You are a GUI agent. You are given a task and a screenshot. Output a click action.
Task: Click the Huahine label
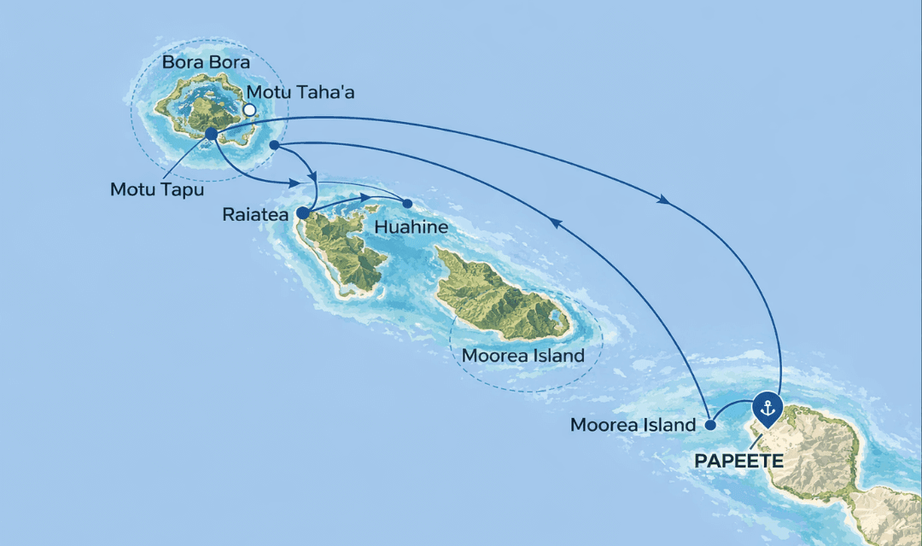(x=411, y=229)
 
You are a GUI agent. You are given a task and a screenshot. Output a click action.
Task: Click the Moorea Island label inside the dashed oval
(x=523, y=355)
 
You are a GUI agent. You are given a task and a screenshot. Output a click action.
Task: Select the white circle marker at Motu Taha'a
(x=249, y=110)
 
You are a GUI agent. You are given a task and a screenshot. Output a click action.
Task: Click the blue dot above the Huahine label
(x=407, y=203)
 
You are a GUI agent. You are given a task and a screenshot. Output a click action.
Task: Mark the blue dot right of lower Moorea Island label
(x=710, y=424)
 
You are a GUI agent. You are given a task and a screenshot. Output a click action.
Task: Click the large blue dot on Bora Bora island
(x=211, y=133)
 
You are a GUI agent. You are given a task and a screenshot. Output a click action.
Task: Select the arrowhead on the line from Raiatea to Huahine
(x=373, y=198)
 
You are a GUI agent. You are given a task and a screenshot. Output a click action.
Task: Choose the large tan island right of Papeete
(x=820, y=452)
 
